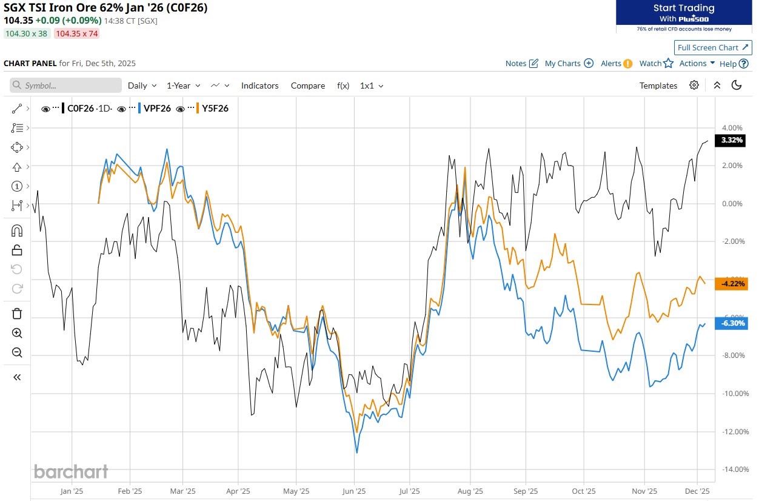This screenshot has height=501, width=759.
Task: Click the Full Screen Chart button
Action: [713, 47]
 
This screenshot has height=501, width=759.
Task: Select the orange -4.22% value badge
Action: [732, 283]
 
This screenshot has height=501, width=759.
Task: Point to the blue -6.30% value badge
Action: [732, 323]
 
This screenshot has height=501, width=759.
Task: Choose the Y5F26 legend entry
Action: [215, 109]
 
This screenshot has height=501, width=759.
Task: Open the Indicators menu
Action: [259, 86]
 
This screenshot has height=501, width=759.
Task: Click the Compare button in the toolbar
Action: [307, 86]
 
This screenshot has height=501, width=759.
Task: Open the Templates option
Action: [658, 86]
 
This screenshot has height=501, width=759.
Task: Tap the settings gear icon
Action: [694, 85]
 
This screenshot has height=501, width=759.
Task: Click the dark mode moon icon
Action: [737, 85]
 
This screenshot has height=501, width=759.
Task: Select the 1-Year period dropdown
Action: [182, 86]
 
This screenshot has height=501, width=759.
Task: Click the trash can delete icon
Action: [17, 314]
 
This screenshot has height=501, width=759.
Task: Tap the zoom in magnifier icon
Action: [17, 333]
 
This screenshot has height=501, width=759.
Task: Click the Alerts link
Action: [616, 63]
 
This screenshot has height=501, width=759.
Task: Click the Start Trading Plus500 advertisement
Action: [683, 16]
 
